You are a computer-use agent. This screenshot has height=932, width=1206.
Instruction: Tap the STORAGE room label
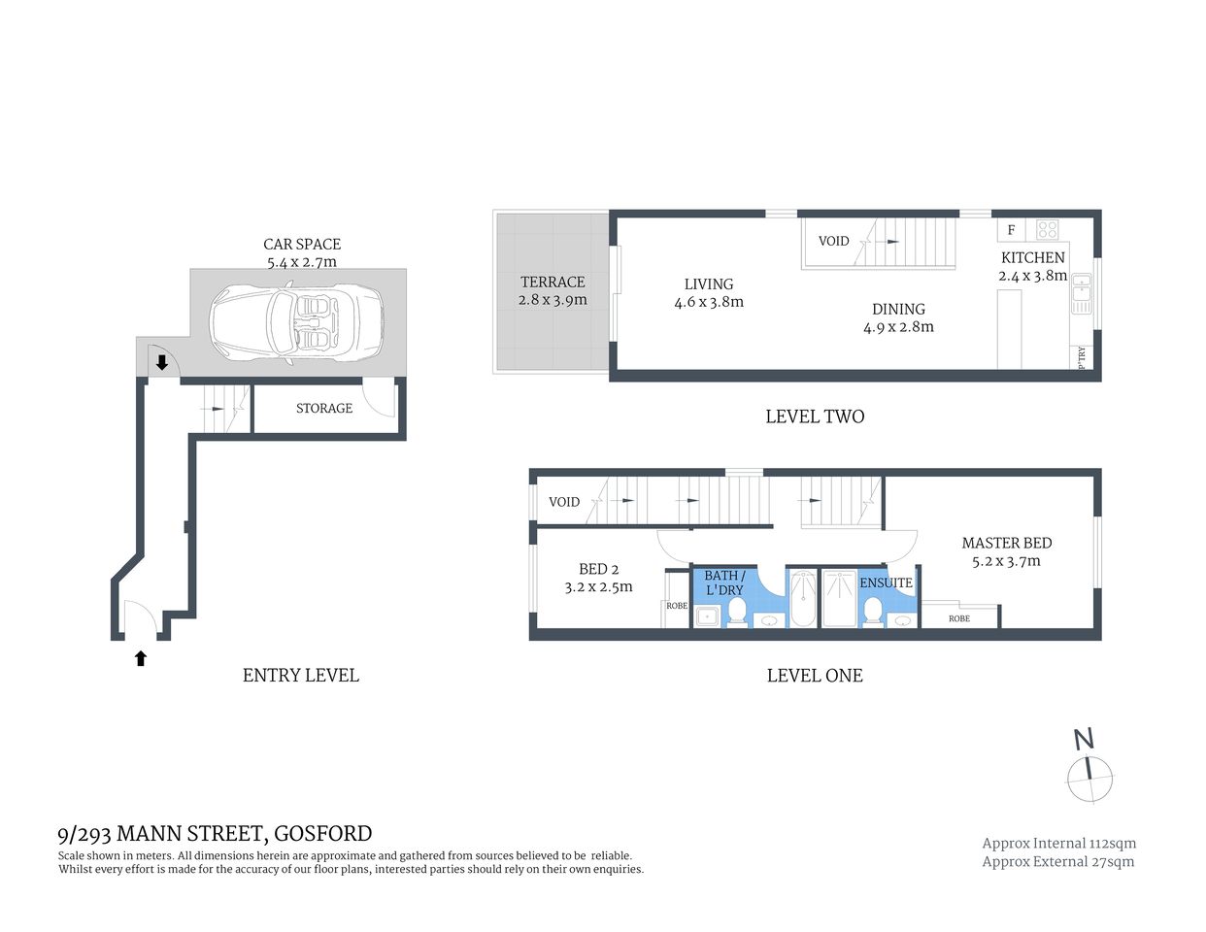tap(323, 409)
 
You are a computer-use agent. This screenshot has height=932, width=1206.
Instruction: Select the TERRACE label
tap(552, 283)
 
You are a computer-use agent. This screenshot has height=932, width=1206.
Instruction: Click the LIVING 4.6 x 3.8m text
tap(709, 293)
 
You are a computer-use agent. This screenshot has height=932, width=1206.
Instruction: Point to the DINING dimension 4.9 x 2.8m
tap(898, 327)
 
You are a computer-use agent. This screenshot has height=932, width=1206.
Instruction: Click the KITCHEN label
tap(1032, 257)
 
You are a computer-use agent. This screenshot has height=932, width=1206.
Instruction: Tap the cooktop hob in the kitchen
tap(1047, 230)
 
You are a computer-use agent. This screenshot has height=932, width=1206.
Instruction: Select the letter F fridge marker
tap(1011, 230)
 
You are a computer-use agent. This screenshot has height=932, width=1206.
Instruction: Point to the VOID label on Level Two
tap(833, 241)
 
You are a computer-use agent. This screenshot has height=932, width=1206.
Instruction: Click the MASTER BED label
tap(1006, 544)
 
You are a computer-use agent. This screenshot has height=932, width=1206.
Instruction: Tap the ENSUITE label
tap(886, 582)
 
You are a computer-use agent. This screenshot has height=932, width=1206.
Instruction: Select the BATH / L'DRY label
tap(724, 582)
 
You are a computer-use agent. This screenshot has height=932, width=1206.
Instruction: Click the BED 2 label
tap(598, 570)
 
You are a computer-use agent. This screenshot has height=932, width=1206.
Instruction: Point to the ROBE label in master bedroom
tap(958, 618)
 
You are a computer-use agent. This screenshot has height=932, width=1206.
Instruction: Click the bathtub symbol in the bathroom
tap(802, 598)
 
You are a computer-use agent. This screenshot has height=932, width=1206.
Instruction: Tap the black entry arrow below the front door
tap(141, 658)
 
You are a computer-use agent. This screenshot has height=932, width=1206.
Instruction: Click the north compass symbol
tap(1089, 778)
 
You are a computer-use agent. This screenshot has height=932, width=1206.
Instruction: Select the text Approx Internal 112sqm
tap(1058, 844)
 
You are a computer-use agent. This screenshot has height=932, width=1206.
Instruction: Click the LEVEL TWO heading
tap(814, 416)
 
